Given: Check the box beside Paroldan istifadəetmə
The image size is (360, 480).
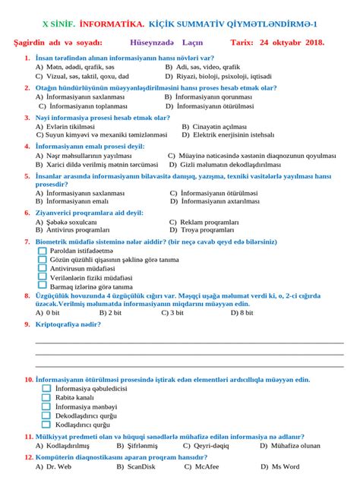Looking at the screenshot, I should (x=43, y=250).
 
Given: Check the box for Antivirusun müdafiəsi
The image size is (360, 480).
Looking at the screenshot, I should (x=43, y=268).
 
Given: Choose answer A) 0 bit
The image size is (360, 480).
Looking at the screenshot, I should (x=48, y=312).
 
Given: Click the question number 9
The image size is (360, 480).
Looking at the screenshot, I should (x=27, y=324).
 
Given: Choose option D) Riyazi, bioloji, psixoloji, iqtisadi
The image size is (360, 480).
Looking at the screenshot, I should (x=218, y=77).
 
